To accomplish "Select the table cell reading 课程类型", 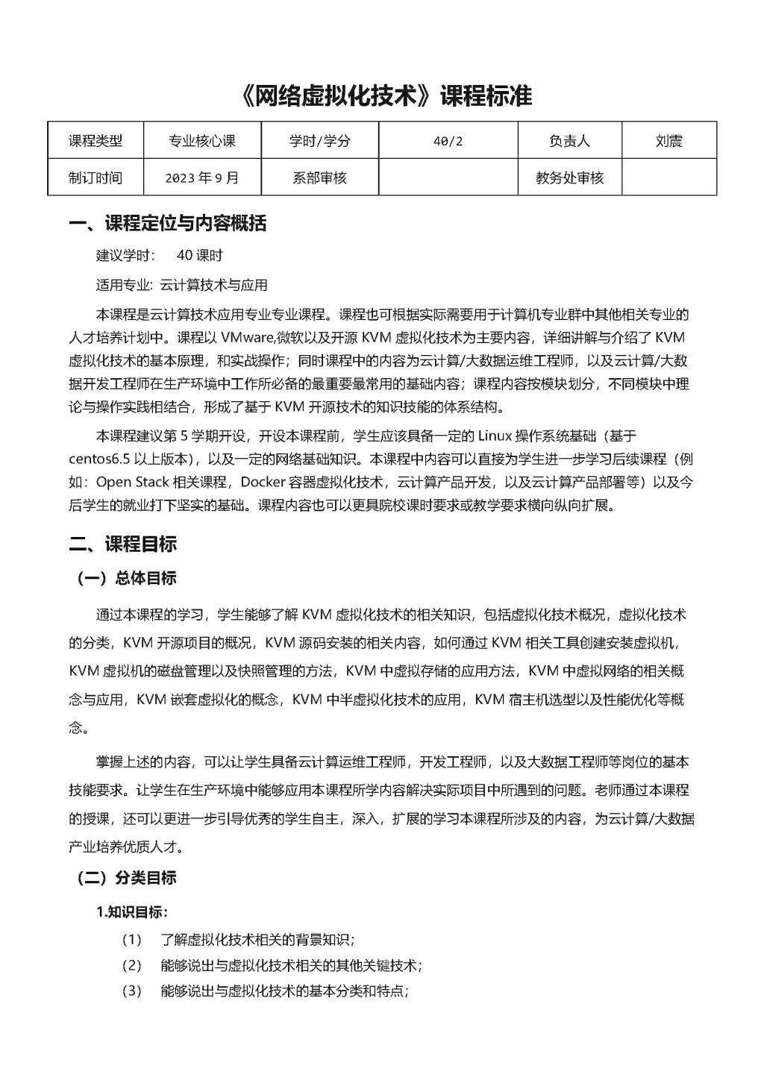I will [x=95, y=141].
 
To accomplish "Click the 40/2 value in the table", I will [x=448, y=141].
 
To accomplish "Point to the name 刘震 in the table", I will [x=668, y=141].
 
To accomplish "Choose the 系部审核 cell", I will [x=319, y=178].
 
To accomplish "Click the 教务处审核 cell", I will [x=569, y=178].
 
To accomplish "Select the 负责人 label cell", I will [x=569, y=141].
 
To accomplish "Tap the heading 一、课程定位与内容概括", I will [x=167, y=224].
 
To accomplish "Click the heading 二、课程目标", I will [x=122, y=544].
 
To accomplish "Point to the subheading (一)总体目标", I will [x=126, y=579].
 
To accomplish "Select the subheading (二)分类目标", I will [x=126, y=878].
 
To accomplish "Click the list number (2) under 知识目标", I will [x=131, y=966].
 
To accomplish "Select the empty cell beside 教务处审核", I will [x=668, y=178].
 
